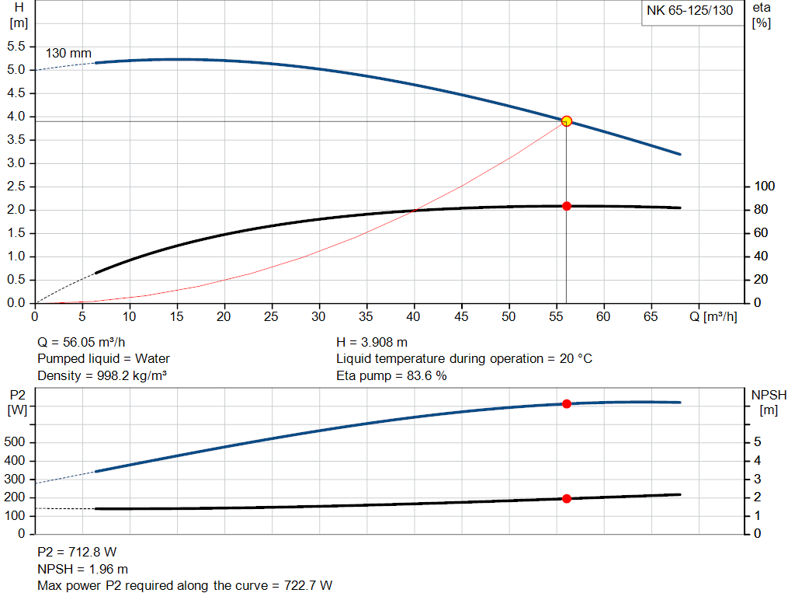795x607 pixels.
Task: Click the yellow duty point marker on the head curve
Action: [x=567, y=120]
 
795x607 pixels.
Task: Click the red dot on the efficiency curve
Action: [x=567, y=206]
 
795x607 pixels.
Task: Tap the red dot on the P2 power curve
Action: [x=567, y=403]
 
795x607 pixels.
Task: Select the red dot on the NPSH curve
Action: [x=567, y=498]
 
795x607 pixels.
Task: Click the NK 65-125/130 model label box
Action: [x=689, y=12]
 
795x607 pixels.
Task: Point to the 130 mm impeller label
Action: [x=68, y=54]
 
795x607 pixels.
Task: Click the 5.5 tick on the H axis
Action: [x=16, y=47]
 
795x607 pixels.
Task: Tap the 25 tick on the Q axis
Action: [x=271, y=316]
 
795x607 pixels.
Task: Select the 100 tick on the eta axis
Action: [x=765, y=187]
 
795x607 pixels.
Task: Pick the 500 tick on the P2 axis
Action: [x=16, y=442]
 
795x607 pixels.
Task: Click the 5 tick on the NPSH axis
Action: [x=757, y=442]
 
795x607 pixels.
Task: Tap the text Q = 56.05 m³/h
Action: [x=82, y=342]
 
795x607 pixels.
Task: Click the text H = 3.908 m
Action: [x=372, y=342]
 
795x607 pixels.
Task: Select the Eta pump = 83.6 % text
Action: [x=391, y=376]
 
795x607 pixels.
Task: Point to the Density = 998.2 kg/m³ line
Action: [x=102, y=376]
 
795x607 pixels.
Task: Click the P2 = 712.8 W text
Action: [x=77, y=552]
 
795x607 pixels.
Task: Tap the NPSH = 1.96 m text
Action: [x=83, y=569]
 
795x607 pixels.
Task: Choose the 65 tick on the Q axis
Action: [x=651, y=316]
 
